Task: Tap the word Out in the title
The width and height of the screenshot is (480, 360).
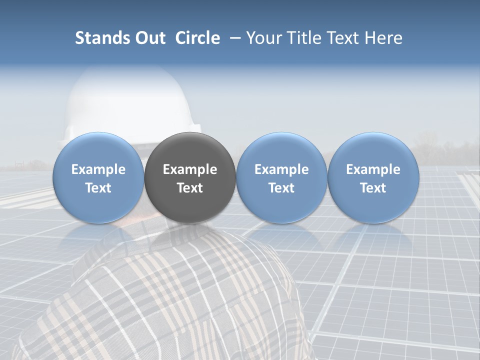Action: pyautogui.click(x=150, y=38)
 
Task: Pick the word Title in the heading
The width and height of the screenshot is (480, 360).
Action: pyautogui.click(x=306, y=38)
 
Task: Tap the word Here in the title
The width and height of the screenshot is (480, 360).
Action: pyautogui.click(x=384, y=38)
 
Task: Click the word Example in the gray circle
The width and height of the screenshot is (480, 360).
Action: pyautogui.click(x=190, y=169)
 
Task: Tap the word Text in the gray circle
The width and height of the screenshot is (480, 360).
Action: pyautogui.click(x=190, y=188)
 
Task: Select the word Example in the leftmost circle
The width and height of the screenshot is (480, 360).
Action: pyautogui.click(x=98, y=169)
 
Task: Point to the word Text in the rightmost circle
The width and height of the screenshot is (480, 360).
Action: pyautogui.click(x=373, y=188)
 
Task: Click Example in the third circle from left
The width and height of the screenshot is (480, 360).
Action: pyautogui.click(x=281, y=169)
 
